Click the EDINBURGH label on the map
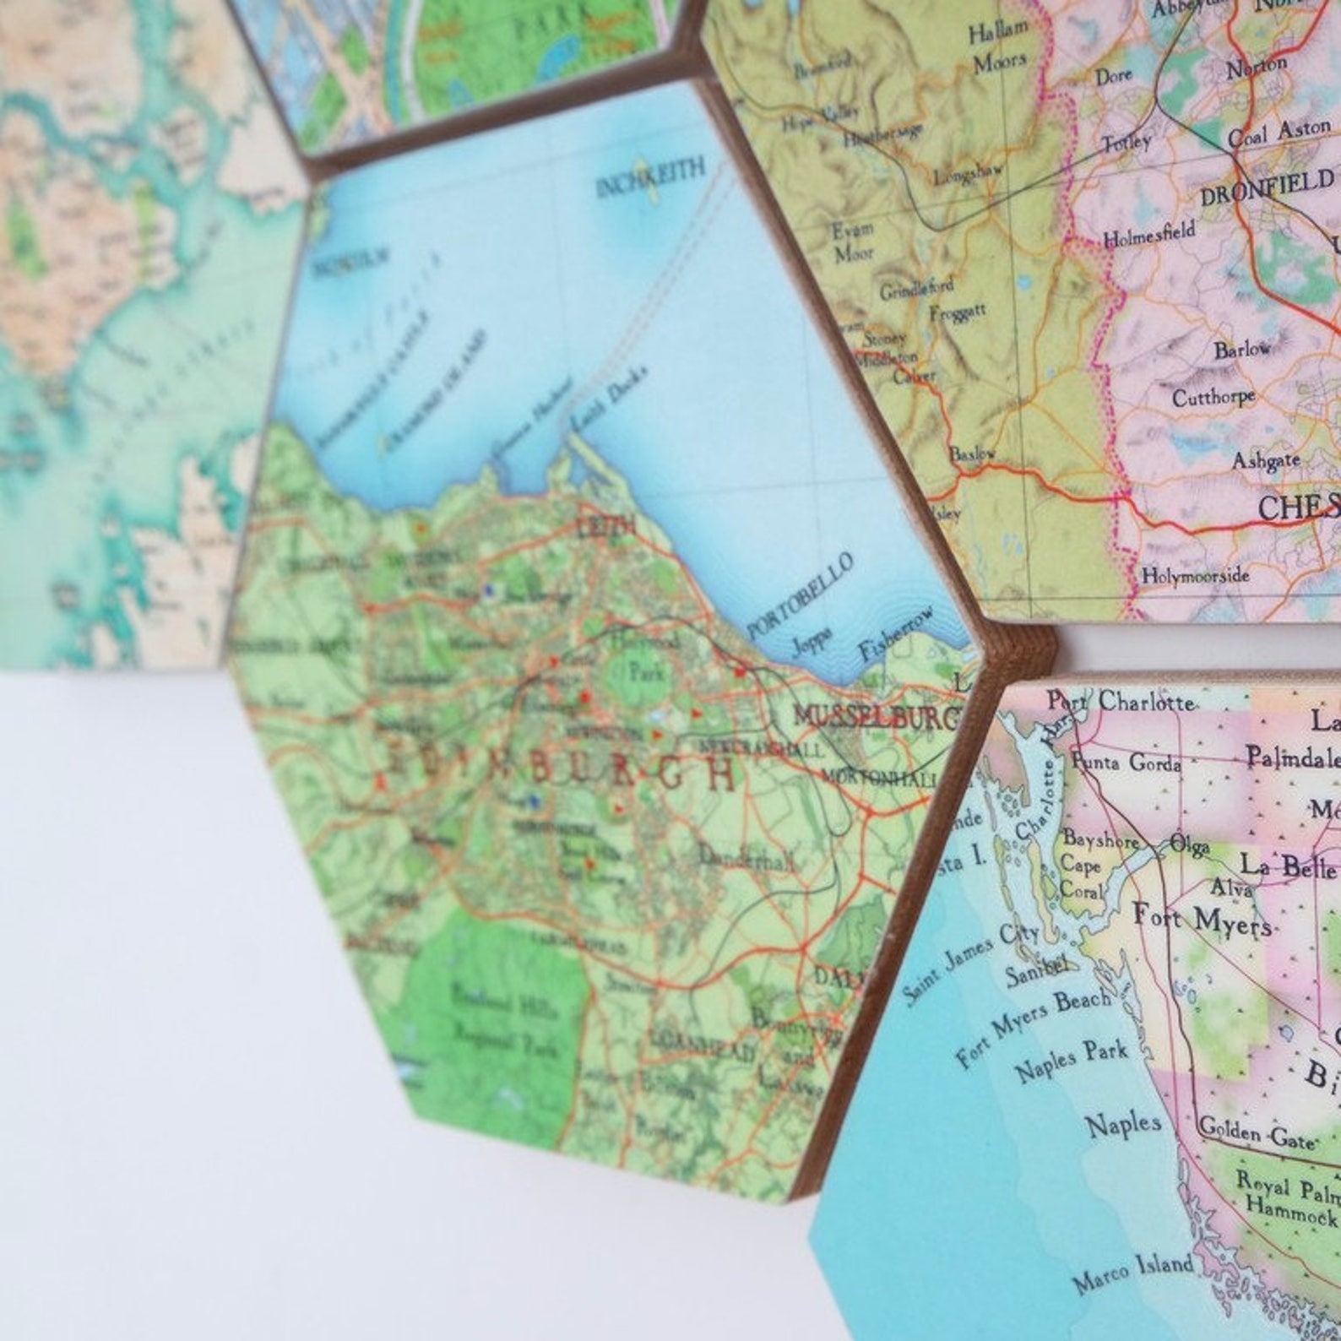(x=558, y=764)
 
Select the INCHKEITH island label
(x=649, y=177)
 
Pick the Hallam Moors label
(x=998, y=46)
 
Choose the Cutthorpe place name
(x=1213, y=395)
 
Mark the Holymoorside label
(x=1195, y=575)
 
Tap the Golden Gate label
(x=1257, y=1132)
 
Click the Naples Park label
(x=1071, y=1061)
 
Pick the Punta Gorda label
(x=1127, y=763)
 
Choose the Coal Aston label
(x=1279, y=133)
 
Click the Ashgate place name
(x=1265, y=460)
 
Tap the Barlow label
(x=1242, y=349)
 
